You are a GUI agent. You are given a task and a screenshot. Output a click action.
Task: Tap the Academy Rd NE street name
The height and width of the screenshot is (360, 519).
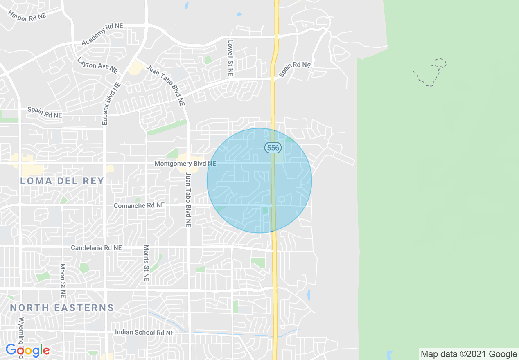[102, 34]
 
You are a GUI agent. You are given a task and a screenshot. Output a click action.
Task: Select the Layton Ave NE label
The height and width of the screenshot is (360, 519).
[97, 65]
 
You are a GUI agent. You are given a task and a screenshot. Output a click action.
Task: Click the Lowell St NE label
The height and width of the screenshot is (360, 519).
[230, 58]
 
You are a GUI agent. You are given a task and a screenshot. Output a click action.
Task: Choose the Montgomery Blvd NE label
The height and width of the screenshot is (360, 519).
[185, 164]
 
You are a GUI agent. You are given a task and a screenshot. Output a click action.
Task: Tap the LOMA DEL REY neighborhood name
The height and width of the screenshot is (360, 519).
[62, 181]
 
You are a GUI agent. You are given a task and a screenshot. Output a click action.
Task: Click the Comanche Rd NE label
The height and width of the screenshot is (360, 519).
[139, 205]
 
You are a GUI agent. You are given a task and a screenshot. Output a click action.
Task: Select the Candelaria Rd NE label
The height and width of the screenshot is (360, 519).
[96, 248]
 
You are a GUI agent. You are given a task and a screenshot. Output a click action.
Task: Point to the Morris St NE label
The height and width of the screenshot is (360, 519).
[146, 263]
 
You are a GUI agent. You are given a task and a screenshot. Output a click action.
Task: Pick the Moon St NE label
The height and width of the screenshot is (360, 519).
[63, 280]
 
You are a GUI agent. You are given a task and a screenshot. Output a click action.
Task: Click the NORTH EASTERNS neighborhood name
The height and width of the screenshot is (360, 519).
[62, 308]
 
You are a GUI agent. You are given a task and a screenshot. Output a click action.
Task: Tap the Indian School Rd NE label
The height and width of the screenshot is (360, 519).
[144, 333]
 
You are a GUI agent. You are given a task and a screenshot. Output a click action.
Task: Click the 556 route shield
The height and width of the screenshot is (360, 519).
[273, 148]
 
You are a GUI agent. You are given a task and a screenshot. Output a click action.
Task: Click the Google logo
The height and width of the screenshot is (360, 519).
[27, 350]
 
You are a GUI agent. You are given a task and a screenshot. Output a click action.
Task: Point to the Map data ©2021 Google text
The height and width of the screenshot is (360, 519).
[469, 354]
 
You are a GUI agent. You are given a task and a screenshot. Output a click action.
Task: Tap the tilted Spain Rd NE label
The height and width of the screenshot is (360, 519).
[295, 70]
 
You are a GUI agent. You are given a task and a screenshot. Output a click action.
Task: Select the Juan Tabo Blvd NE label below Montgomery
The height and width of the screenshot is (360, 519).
[188, 200]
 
